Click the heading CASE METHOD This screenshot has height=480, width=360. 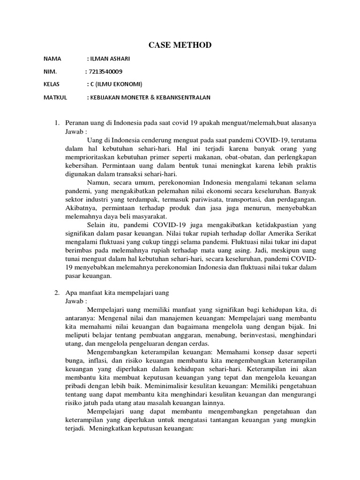(x=180, y=45)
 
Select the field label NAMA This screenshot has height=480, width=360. (x=52, y=60)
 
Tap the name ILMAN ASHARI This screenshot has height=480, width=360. (x=109, y=60)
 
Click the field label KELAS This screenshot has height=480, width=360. (x=52, y=84)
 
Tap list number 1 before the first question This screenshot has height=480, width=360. (x=56, y=123)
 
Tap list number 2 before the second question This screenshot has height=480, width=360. (x=56, y=292)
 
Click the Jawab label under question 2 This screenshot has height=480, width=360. (x=75, y=300)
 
